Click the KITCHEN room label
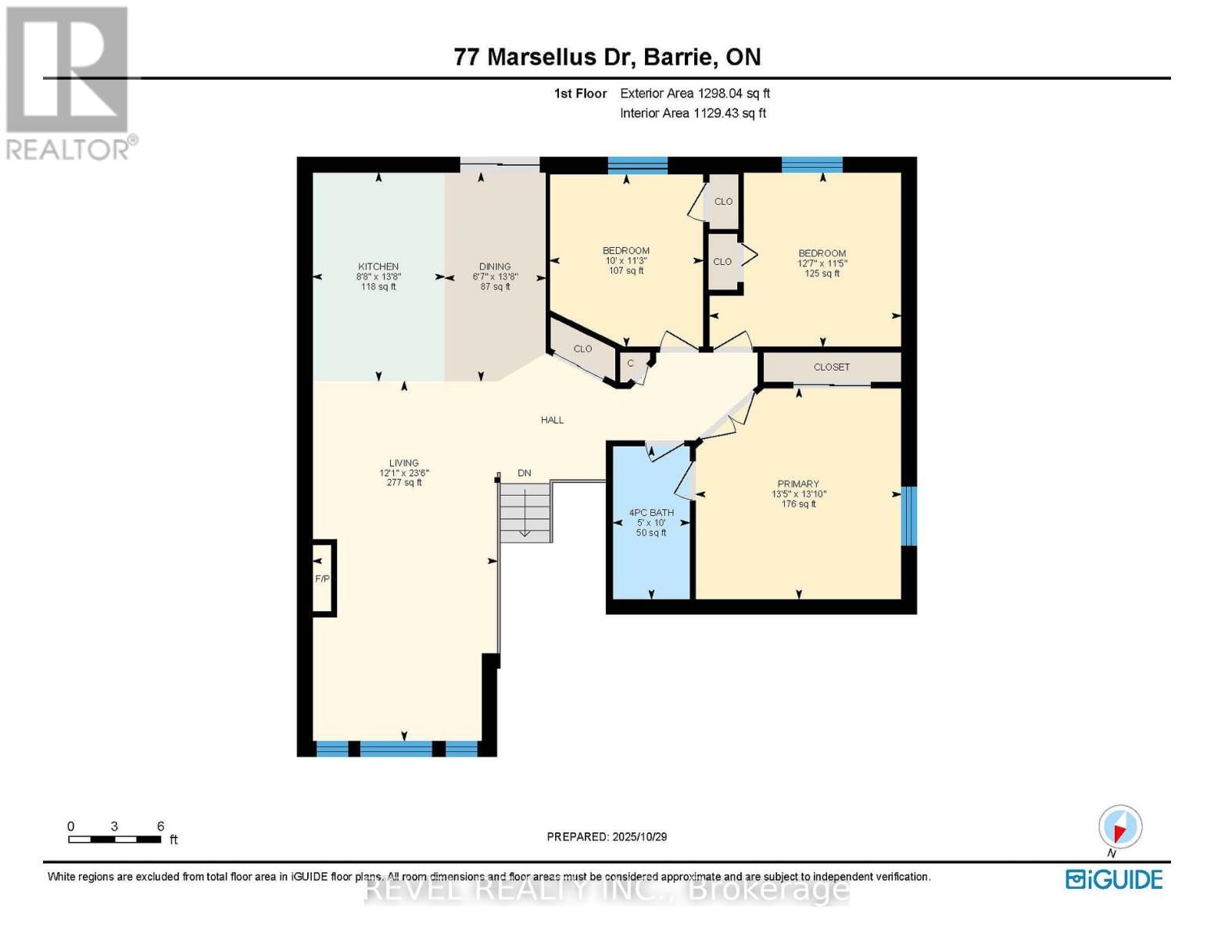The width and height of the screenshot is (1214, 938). [378, 267]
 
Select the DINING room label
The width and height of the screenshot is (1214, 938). [495, 267]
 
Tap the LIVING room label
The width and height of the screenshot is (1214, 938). [404, 463]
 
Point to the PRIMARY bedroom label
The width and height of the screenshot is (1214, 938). [798, 484]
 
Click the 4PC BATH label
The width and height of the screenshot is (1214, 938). [651, 513]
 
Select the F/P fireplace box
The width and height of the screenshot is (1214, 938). [323, 578]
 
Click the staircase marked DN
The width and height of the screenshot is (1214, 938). [525, 512]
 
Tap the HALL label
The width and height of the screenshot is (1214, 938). [552, 420]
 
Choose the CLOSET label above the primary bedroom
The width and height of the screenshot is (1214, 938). [831, 367]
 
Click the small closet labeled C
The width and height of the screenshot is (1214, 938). [631, 363]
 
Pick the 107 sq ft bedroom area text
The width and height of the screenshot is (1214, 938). [626, 270]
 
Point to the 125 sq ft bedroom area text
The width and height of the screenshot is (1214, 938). [822, 274]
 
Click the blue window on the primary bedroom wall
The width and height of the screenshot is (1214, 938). [908, 516]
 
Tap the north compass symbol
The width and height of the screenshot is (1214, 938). [1120, 827]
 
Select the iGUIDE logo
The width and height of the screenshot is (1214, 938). [1114, 879]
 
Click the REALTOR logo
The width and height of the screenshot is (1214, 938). [69, 82]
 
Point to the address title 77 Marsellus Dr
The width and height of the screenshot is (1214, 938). [607, 57]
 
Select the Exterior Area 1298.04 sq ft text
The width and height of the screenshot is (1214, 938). [695, 93]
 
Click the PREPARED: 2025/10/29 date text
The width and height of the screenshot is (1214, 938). [607, 836]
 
